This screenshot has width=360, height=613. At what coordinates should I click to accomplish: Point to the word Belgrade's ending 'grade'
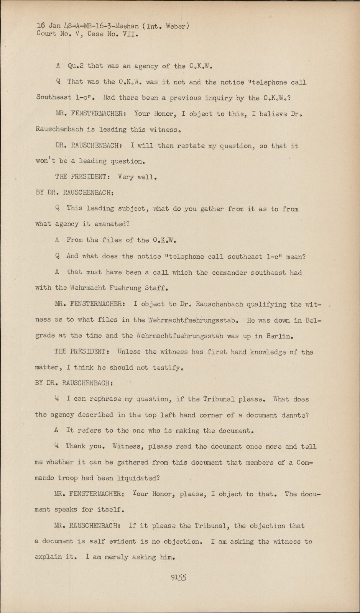(x=45, y=336)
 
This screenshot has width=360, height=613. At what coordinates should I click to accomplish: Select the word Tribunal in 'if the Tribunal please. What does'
(x=220, y=399)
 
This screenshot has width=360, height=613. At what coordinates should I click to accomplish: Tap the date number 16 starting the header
(x=41, y=26)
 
